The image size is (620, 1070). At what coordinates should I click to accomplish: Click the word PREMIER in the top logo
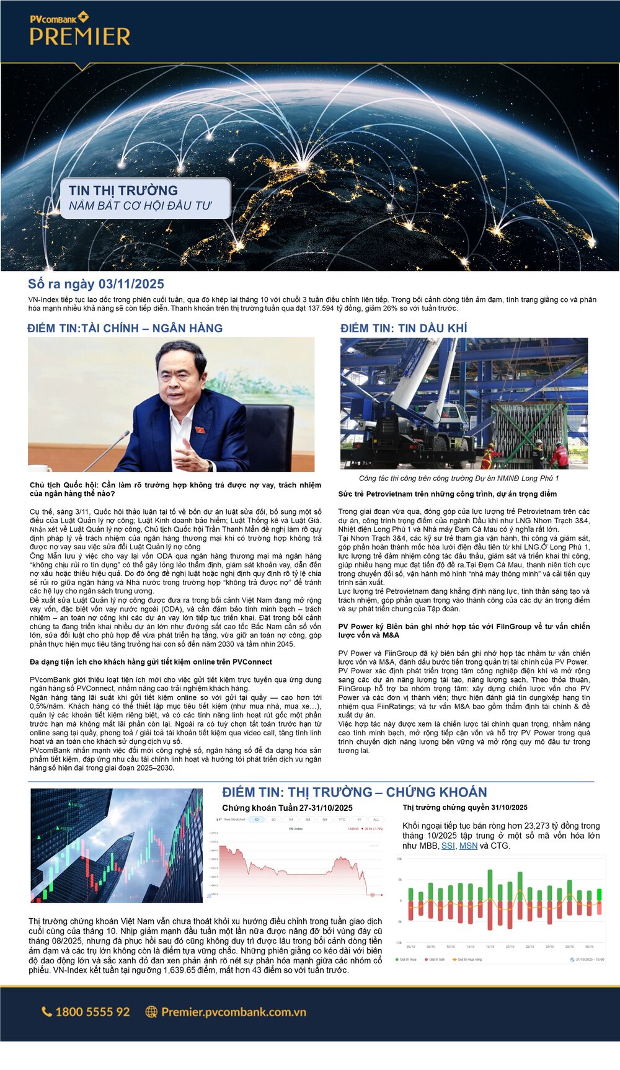click(79, 37)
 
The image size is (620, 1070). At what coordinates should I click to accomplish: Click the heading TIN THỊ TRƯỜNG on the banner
click(123, 190)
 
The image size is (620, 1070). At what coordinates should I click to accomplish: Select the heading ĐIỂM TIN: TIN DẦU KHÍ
click(404, 328)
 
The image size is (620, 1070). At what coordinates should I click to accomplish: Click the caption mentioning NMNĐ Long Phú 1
click(458, 479)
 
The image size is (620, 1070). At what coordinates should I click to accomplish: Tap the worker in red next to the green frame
click(559, 456)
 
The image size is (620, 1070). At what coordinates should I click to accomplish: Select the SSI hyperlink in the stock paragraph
click(448, 846)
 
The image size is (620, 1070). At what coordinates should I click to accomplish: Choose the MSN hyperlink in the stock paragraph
click(468, 846)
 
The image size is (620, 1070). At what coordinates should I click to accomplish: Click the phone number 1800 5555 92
click(92, 1012)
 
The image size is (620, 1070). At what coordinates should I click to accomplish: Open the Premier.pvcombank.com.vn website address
click(234, 1012)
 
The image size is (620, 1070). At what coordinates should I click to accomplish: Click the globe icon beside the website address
click(151, 1012)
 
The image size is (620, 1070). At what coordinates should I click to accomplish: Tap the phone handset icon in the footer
click(46, 1012)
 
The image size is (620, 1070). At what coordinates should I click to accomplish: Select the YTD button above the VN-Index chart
click(342, 820)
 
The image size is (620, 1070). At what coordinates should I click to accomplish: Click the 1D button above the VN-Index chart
click(257, 820)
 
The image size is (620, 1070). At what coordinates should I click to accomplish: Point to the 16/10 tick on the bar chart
click(490, 947)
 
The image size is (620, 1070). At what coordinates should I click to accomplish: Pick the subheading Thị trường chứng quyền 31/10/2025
click(465, 807)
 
